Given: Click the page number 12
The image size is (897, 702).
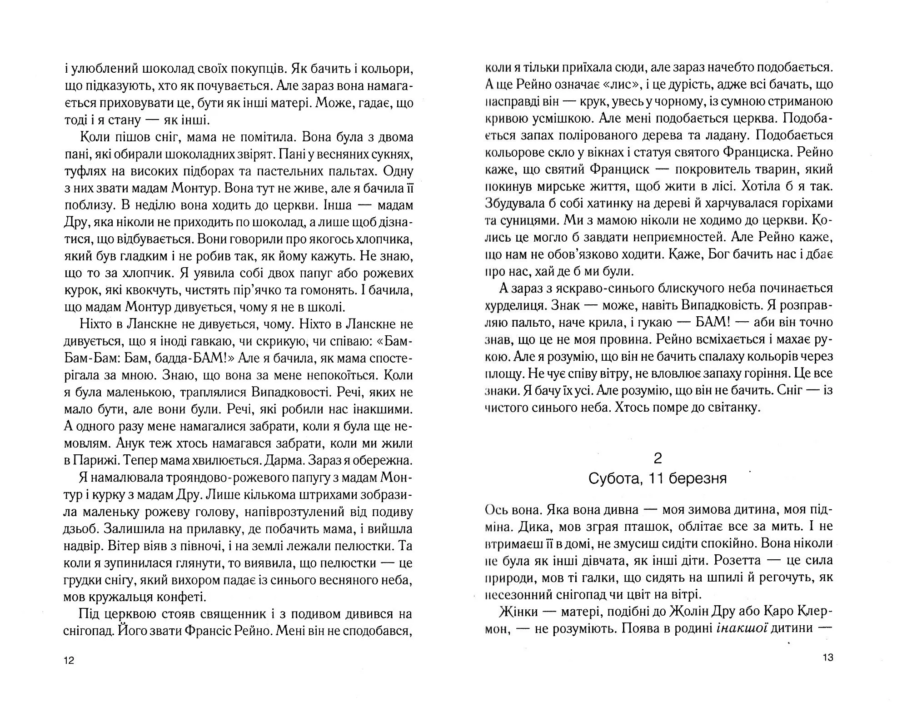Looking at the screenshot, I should pyautogui.click(x=69, y=660).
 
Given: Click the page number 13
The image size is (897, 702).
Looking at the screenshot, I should pyautogui.click(x=827, y=657).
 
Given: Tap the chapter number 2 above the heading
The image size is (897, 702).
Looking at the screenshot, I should pyautogui.click(x=658, y=458).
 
